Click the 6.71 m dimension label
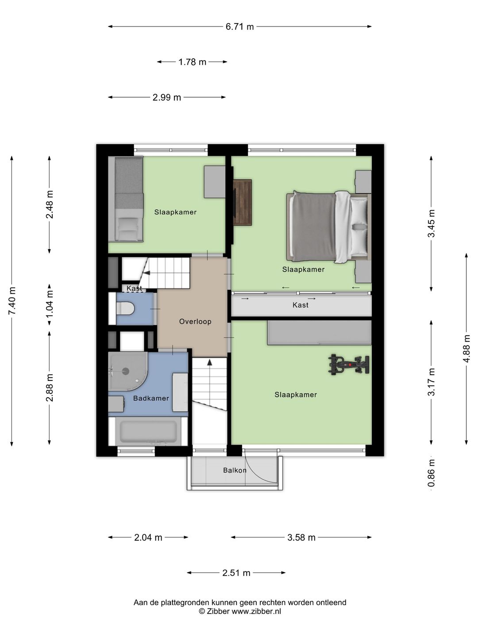pos(239,27)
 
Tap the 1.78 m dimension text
pos(192,62)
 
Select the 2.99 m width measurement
pos(166,97)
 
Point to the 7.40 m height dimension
pos(12,301)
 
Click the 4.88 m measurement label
pos(466,348)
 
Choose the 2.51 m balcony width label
pos(236,572)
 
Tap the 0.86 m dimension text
pos(431,473)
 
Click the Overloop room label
pos(195,321)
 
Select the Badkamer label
pos(151,398)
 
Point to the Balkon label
pos(235,470)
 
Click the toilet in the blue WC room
pos(125,308)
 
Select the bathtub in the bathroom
pos(148,431)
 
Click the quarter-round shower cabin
pos(128,371)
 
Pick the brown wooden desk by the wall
pos(243,202)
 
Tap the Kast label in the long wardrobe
pos(301,305)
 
